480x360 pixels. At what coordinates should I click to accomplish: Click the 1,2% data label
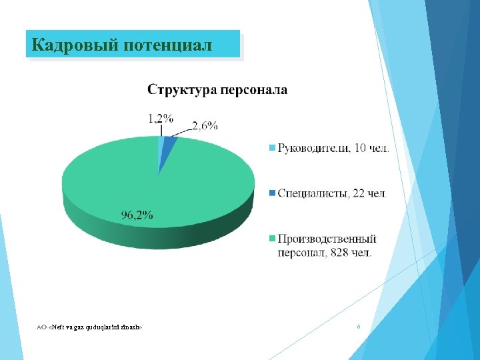[161, 119]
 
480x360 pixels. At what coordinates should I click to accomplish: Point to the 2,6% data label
[205, 125]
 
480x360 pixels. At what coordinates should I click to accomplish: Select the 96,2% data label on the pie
[137, 215]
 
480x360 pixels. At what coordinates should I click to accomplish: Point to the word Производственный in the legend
[327, 239]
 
